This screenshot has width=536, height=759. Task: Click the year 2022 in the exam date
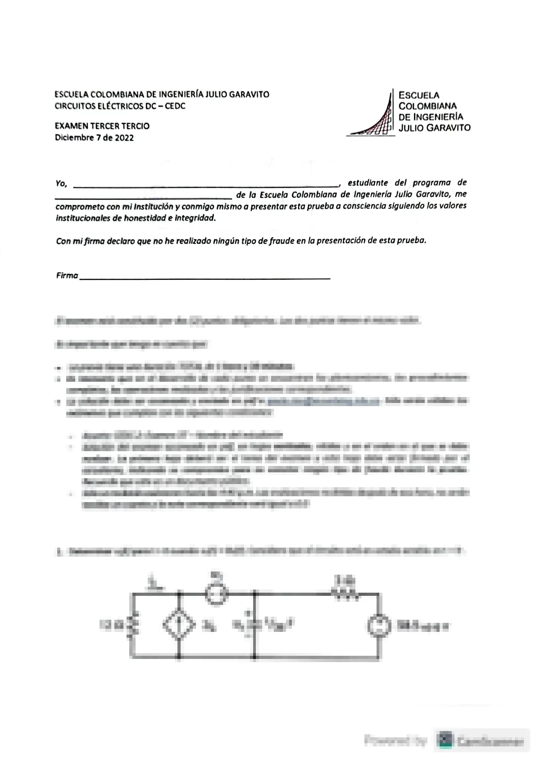(124, 138)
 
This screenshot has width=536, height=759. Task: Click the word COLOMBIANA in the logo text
(422, 106)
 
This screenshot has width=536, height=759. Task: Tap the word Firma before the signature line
(67, 275)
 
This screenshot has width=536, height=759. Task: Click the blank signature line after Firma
(205, 278)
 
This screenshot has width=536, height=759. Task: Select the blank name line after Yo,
(205, 185)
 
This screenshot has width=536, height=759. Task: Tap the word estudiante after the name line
(368, 183)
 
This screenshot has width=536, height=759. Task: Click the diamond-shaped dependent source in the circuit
(179, 625)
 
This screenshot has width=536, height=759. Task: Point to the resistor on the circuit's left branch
(132, 625)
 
